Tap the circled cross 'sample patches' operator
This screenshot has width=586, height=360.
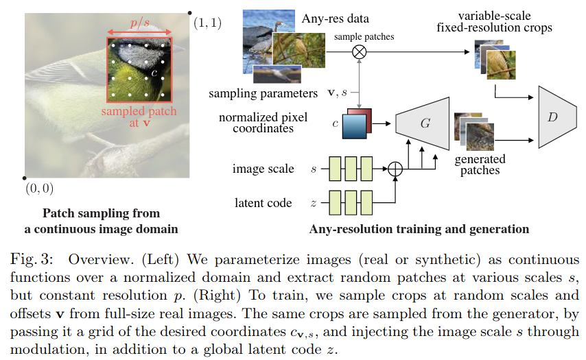point(359,51)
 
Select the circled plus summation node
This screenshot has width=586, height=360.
point(395,168)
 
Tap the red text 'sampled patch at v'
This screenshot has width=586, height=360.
point(139,117)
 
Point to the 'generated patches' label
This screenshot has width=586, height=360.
point(480,165)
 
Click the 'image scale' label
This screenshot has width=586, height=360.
point(263,169)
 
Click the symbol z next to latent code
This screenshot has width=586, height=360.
point(314,203)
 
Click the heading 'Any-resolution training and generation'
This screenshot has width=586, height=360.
point(419,229)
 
